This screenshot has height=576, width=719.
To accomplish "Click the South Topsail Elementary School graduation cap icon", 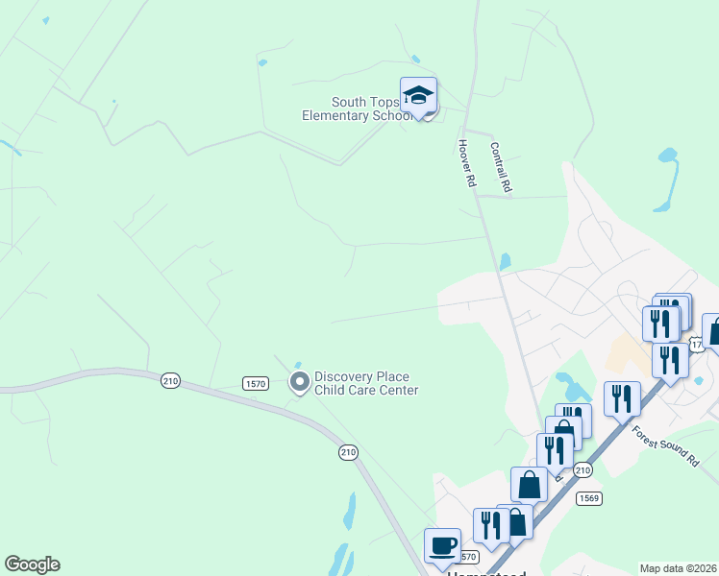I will coord(418,95).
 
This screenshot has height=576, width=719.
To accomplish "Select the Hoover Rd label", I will coord(467,162).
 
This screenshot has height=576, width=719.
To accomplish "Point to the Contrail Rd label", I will coord(500,168).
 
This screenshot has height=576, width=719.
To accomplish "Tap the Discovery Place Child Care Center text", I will coord(366,383).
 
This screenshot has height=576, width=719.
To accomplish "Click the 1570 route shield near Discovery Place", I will coord(255,384).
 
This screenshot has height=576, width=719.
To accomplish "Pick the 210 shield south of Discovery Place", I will coord(348,451).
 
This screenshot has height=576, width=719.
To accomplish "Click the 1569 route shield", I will coord(589,498).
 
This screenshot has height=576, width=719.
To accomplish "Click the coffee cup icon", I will coord(442,544).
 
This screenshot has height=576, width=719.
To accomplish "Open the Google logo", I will coord(32,564).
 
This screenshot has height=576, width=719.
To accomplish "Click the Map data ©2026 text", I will coord(678,568).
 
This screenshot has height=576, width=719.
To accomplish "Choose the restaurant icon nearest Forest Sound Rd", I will coord(623,398).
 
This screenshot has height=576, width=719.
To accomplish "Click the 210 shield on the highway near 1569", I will coord(583,469).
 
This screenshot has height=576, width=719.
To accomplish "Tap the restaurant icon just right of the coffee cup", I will coord(490,524).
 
